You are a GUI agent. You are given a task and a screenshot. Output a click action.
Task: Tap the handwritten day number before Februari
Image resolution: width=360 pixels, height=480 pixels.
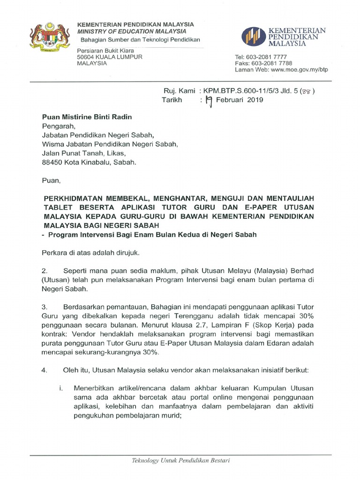(x=210, y=100)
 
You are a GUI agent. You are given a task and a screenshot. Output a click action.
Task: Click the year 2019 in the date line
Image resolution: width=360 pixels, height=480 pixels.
(x=255, y=100)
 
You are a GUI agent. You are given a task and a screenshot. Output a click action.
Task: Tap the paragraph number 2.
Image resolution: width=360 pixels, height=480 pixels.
(x=45, y=271)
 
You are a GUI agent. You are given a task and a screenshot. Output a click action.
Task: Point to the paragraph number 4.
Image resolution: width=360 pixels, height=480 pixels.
(x=45, y=370)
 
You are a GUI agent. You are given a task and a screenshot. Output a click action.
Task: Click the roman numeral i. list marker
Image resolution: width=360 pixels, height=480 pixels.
(x=61, y=388)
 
